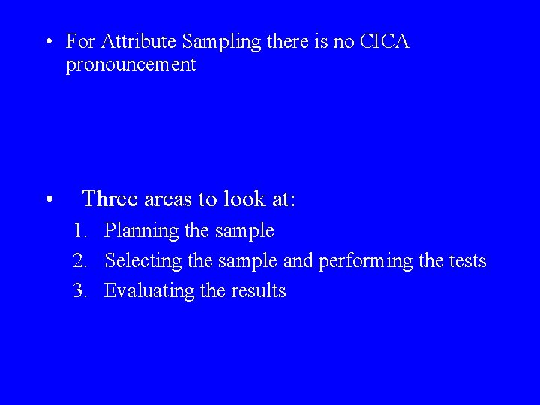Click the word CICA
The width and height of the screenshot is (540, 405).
click(385, 41)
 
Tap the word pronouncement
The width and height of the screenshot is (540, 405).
click(130, 65)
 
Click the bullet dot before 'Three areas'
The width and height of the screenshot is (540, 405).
click(48, 200)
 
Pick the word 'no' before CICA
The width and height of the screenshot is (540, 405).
click(344, 41)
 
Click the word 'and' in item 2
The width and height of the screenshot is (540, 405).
click(299, 261)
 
